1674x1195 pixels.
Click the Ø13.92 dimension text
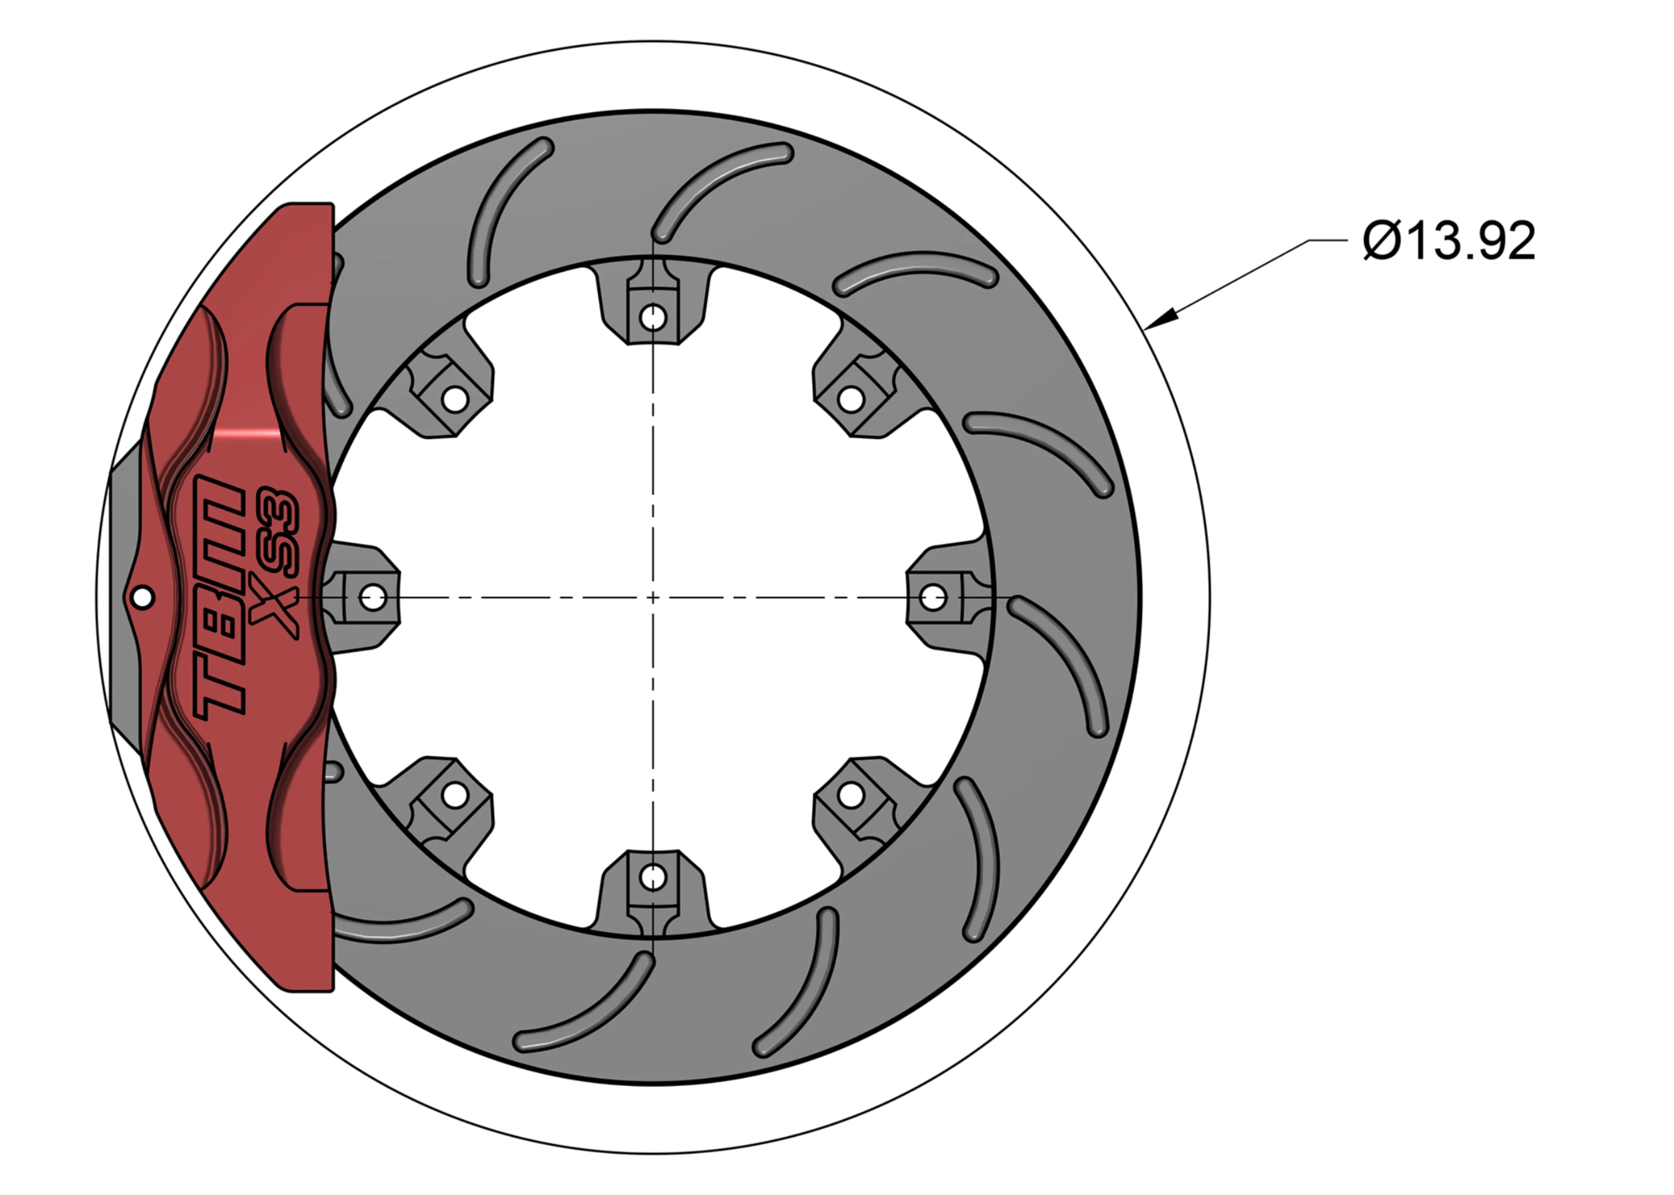pyautogui.click(x=1449, y=240)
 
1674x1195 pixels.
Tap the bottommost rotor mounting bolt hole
pyautogui.click(x=652, y=877)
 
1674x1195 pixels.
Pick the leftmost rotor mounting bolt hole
pyautogui.click(x=373, y=597)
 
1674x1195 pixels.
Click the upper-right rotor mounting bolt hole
pyautogui.click(x=851, y=400)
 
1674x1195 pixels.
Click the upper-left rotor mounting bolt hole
pyautogui.click(x=454, y=400)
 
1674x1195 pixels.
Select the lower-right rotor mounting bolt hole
pyautogui.click(x=851, y=795)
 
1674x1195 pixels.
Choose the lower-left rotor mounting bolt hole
pyautogui.click(x=454, y=795)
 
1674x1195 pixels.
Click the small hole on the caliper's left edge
pyautogui.click(x=143, y=597)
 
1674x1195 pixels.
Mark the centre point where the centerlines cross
pyautogui.click(x=652, y=597)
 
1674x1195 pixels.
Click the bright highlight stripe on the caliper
pyautogui.click(x=248, y=434)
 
